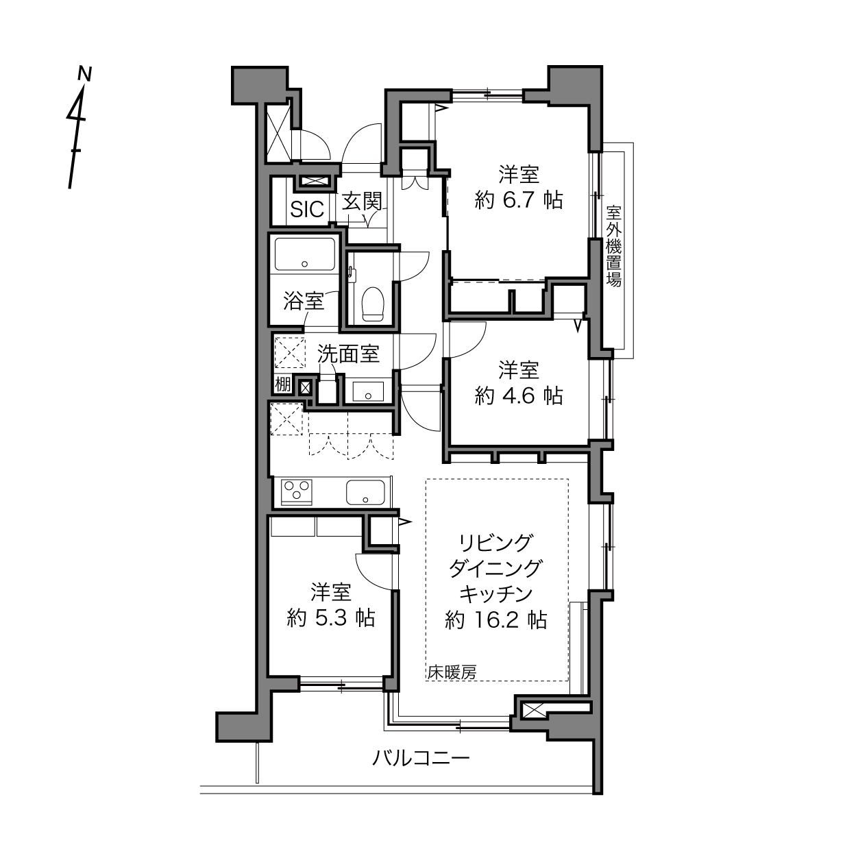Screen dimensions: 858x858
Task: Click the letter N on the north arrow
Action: coord(84,74)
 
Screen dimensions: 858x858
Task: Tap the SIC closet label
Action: coord(307,209)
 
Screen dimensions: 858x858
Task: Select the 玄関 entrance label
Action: coord(362,201)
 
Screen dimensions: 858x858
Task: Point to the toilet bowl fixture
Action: coord(373,304)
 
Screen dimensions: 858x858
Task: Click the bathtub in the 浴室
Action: coord(305,254)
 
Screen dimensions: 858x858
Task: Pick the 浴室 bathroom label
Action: coord(303,302)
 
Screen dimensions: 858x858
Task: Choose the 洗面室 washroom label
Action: coord(347,354)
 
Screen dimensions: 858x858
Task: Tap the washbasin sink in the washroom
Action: coord(368,391)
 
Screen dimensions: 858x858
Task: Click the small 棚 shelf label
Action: coord(283,384)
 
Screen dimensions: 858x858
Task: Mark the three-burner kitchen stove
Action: coord(297,492)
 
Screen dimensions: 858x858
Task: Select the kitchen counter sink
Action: coord(365,493)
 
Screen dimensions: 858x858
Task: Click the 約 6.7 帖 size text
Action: coord(519,200)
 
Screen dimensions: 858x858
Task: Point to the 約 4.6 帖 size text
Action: coord(519,395)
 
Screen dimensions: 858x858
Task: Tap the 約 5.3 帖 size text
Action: coord(331,618)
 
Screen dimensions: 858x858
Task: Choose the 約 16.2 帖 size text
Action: coord(496,620)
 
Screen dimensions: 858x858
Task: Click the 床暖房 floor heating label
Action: coord(452,672)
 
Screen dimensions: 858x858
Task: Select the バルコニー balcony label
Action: coord(421,758)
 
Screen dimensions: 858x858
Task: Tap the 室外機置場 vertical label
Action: coord(613,246)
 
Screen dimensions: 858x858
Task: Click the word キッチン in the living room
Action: coord(496,593)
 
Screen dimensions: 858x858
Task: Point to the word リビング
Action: coord(496,542)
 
